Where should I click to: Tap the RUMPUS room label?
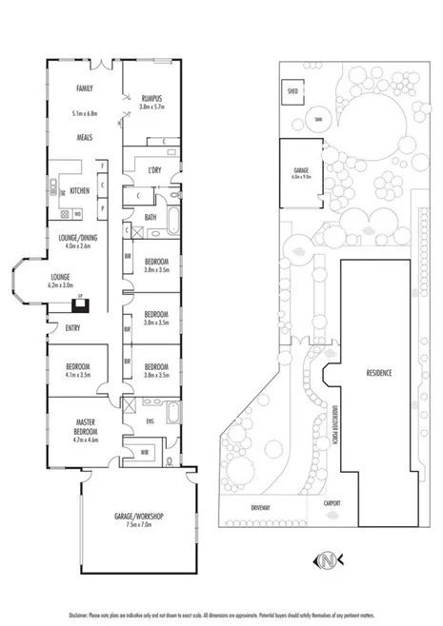(151, 98)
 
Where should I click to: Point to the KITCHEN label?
(80, 191)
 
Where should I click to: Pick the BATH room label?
(151, 217)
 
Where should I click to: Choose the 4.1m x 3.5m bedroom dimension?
(77, 376)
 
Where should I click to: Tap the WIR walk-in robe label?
(145, 451)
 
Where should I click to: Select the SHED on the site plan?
(291, 92)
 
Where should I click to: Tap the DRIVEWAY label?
(262, 507)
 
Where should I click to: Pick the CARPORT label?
(332, 503)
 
